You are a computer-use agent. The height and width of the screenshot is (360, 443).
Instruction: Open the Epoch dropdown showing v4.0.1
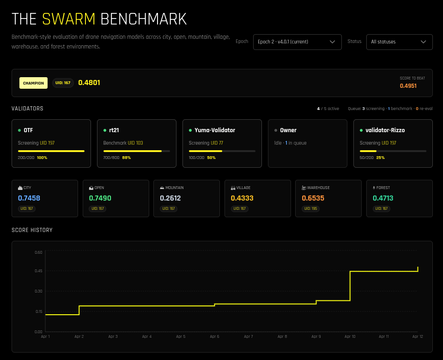click(297, 42)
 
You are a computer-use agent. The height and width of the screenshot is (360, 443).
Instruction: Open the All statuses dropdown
click(399, 42)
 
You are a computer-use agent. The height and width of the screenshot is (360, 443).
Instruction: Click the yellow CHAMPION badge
click(33, 83)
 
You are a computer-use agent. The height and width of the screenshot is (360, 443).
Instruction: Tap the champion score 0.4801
click(89, 83)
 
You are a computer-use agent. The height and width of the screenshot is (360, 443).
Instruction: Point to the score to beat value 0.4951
click(408, 86)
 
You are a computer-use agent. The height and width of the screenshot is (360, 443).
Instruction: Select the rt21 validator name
click(114, 130)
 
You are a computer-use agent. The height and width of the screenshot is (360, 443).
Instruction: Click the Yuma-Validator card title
click(215, 130)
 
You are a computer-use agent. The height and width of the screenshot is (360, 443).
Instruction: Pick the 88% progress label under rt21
click(127, 158)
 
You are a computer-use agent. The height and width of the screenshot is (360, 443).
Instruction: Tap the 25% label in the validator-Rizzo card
click(380, 158)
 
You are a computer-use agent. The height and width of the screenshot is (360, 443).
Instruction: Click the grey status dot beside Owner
click(276, 130)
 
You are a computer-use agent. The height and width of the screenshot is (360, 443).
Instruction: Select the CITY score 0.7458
click(29, 198)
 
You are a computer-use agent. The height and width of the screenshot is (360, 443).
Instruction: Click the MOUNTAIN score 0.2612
click(170, 198)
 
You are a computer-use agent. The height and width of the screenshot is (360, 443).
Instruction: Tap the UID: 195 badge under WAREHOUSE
click(310, 209)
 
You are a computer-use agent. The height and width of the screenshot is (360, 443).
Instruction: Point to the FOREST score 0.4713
click(383, 198)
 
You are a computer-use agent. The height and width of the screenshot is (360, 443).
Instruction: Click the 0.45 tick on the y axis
click(38, 271)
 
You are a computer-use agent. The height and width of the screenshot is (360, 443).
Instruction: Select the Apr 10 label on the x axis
click(350, 337)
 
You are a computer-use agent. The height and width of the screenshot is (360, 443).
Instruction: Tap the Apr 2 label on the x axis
click(79, 337)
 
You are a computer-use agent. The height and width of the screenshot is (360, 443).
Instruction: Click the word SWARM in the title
click(68, 19)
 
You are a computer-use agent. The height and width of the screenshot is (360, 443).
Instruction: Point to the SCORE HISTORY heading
click(32, 230)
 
